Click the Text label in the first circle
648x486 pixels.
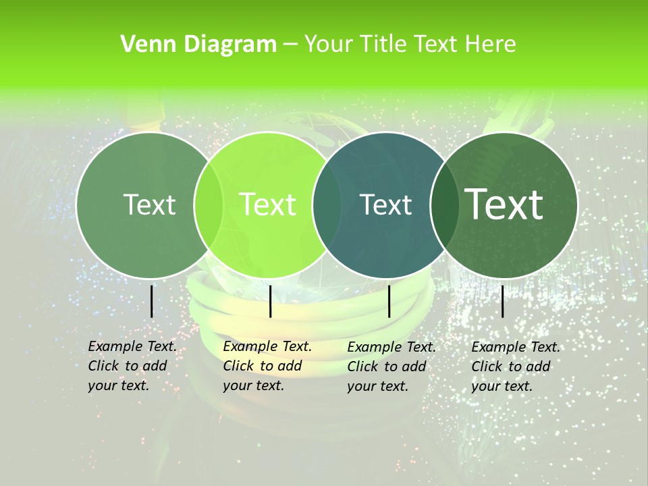(x=149, y=205)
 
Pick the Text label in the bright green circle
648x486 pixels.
(x=268, y=205)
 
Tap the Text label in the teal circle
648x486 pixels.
(x=385, y=205)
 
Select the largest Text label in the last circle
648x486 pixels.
(x=504, y=205)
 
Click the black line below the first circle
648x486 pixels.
(x=152, y=301)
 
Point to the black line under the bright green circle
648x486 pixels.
(x=270, y=301)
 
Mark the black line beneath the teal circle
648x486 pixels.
(x=389, y=301)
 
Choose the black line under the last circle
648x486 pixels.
(x=503, y=301)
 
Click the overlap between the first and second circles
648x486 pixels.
(x=209, y=205)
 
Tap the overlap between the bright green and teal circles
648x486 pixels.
(x=327, y=205)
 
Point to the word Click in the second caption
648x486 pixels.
(x=238, y=366)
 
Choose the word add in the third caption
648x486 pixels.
(x=413, y=367)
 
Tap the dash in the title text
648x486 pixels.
(x=290, y=45)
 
